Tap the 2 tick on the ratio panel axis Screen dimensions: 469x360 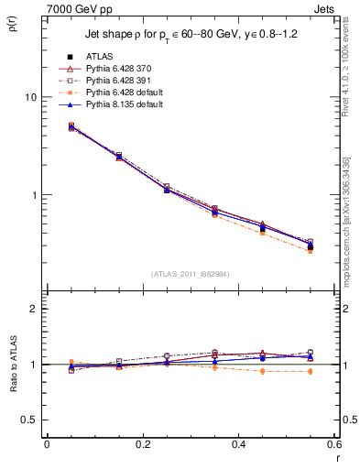[x=35, y=309]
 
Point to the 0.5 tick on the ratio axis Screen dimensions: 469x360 [x=31, y=420]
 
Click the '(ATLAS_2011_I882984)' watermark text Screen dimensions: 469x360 [x=191, y=273]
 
